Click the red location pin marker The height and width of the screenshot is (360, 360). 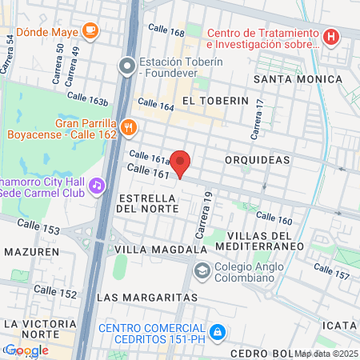click(x=181, y=164)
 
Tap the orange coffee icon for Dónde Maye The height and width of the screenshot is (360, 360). click(x=90, y=31)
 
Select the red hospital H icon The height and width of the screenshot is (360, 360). click(x=330, y=38)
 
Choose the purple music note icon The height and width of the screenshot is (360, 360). click(x=97, y=185)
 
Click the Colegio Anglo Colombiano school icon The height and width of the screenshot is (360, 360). click(x=202, y=269)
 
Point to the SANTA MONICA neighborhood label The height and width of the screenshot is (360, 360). click(x=298, y=79)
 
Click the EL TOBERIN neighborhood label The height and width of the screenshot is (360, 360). click(x=210, y=101)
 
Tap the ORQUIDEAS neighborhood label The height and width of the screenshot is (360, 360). click(x=258, y=160)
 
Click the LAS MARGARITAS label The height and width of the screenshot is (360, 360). click(x=146, y=297)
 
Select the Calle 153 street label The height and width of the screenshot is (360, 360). click(x=38, y=227)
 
